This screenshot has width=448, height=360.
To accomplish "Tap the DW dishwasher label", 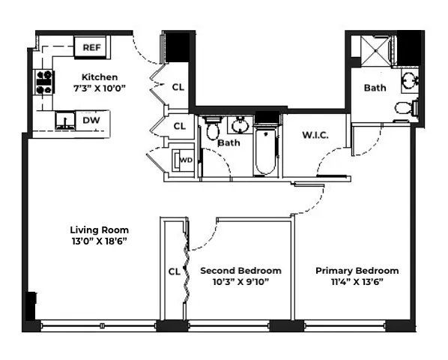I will [x=91, y=120].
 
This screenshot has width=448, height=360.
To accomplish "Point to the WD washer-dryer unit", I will [x=183, y=160].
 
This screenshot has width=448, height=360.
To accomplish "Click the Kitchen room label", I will [x=99, y=76].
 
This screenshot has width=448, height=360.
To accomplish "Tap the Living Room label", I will [x=99, y=229].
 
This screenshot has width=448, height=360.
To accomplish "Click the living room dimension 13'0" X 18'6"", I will [x=99, y=241].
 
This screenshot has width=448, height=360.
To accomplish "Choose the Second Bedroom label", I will [x=240, y=270].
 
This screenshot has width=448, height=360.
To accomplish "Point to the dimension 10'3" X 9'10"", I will [x=240, y=281].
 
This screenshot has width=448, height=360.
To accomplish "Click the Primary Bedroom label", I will [x=357, y=270].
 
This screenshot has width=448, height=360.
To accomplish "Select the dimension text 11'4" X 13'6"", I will [x=357, y=281].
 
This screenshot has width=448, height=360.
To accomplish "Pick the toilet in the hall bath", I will [x=212, y=129].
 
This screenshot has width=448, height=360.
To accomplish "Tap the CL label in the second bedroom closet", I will [x=173, y=271].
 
